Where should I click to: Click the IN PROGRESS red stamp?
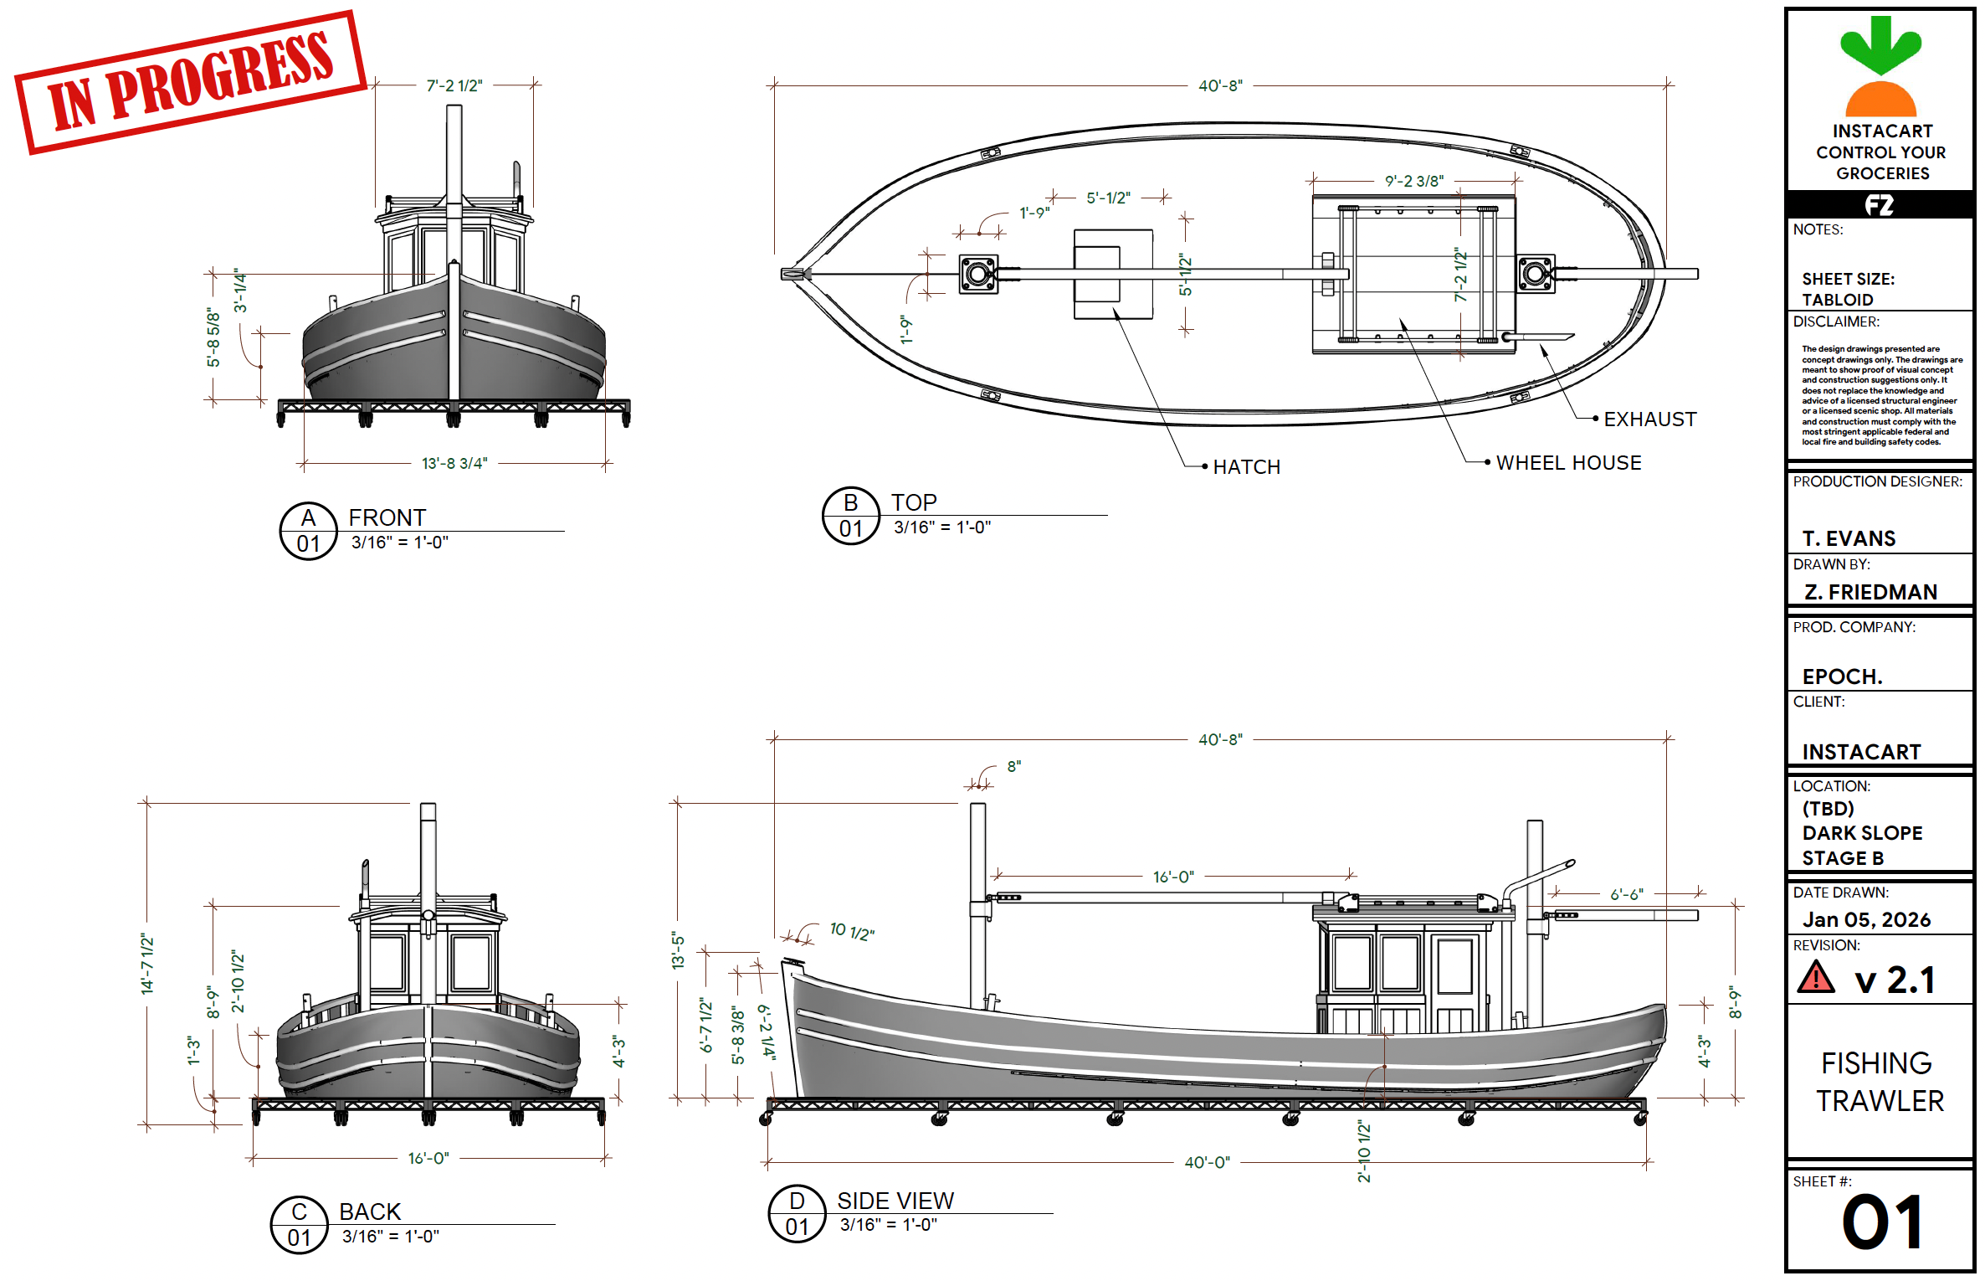(191, 82)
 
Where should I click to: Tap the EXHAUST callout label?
(1649, 419)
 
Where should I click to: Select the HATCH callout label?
(1246, 467)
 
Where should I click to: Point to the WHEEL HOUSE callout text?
(1568, 463)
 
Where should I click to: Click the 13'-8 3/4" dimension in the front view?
(454, 463)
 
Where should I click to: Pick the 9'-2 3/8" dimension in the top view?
(1414, 181)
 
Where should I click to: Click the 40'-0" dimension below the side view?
(1207, 1162)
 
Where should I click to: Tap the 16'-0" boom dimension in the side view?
(1173, 877)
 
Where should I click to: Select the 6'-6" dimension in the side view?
(1627, 894)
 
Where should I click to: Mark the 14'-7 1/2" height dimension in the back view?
(148, 964)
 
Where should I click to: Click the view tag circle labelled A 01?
(309, 531)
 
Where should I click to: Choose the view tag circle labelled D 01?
(798, 1214)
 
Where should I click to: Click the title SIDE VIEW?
(895, 1201)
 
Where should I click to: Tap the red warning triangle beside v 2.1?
(1816, 978)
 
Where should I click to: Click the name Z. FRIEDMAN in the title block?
(1871, 592)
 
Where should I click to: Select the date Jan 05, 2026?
(1867, 919)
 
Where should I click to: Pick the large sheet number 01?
(1882, 1222)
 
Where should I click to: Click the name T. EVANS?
(1849, 538)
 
